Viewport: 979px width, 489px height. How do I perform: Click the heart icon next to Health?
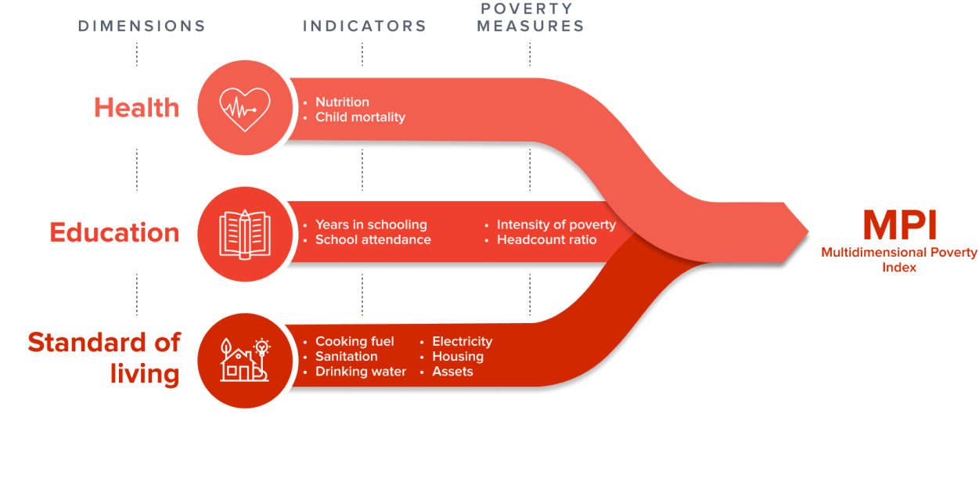[244, 108]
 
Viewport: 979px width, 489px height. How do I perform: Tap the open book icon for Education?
[245, 233]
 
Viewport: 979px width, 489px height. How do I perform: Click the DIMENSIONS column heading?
[142, 26]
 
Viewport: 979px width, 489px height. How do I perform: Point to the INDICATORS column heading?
[365, 26]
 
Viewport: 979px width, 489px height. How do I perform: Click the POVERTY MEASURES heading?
[531, 17]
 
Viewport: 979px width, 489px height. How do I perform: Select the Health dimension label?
[137, 108]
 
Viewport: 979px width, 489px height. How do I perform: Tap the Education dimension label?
[114, 232]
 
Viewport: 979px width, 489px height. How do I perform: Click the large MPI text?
[899, 226]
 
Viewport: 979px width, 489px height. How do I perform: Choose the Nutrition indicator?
[342, 102]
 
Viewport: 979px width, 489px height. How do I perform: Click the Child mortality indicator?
[360, 117]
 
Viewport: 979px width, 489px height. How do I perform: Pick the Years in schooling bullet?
[371, 225]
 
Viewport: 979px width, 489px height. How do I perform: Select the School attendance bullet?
[373, 239]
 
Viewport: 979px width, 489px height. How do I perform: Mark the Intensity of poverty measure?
[556, 225]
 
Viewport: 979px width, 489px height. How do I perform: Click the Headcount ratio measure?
[546, 239]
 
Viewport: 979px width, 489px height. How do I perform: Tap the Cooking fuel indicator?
[355, 341]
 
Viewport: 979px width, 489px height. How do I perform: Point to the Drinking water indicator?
[360, 372]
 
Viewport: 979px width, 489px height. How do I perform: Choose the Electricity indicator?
[462, 341]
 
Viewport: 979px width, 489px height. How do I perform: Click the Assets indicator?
[452, 372]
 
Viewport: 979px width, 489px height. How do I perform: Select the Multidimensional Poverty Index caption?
[899, 259]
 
